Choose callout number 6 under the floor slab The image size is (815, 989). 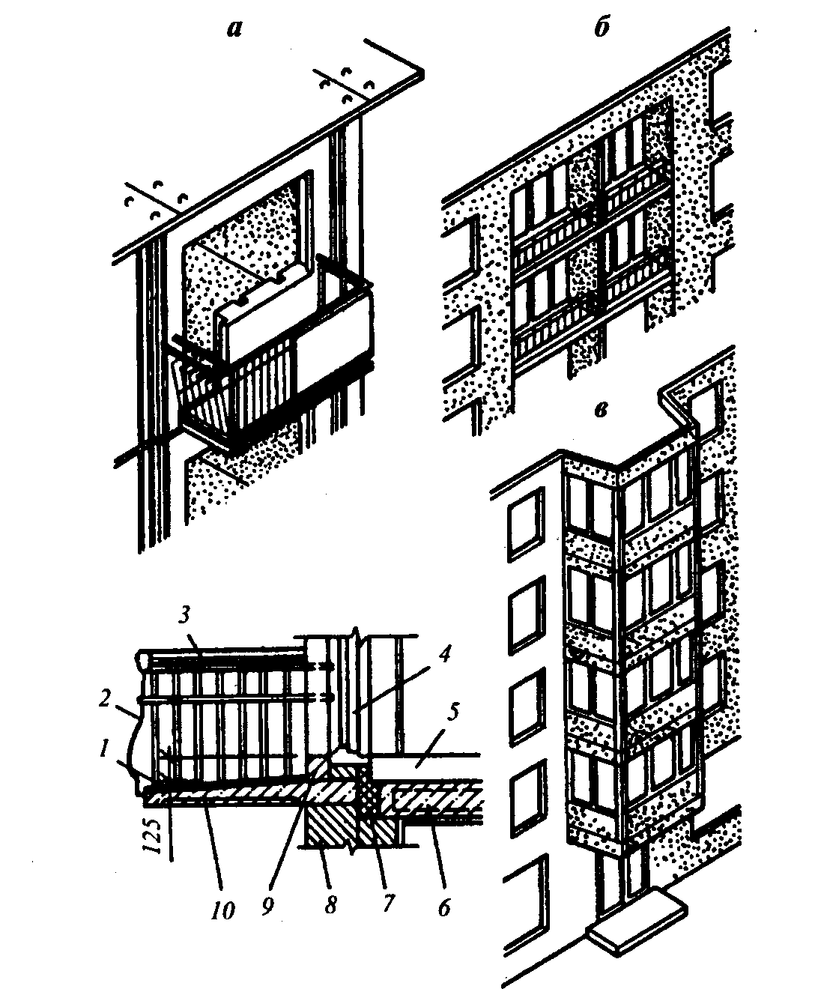[x=444, y=907]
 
